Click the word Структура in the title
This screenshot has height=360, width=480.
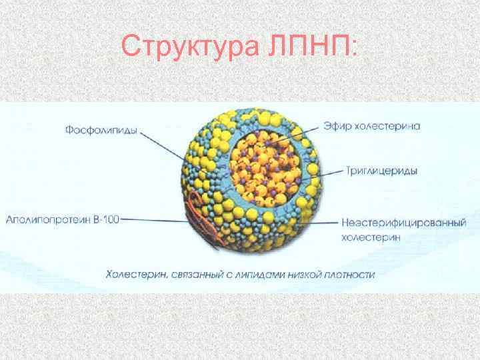(x=193, y=47)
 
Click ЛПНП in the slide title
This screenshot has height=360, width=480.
(x=313, y=47)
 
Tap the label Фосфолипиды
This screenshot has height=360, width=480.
(x=101, y=131)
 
